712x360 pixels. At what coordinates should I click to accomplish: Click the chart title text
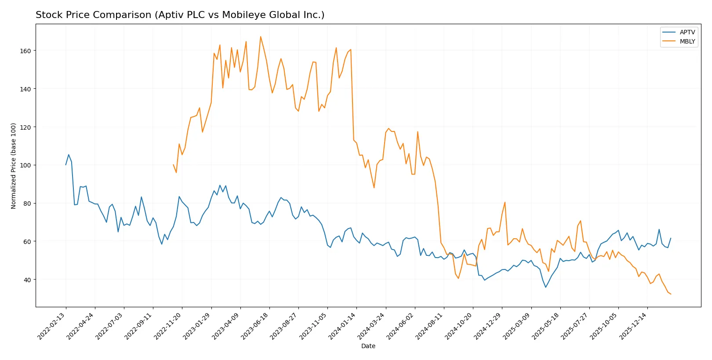tap(180, 15)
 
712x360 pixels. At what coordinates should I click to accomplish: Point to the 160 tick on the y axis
tap(25, 51)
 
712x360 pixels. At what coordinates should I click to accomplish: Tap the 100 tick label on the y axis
tap(25, 165)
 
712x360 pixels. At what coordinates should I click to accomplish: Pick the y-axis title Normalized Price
tap(14, 166)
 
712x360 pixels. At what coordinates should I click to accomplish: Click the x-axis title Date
tap(368, 346)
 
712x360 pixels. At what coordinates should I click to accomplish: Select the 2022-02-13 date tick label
tap(51, 326)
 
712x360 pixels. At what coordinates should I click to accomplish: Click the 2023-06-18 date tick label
tap(255, 326)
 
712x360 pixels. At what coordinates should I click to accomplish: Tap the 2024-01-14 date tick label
tap(342, 326)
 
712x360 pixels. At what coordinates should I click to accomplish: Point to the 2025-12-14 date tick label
tap(633, 326)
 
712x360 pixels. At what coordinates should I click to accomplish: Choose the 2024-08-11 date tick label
tap(429, 326)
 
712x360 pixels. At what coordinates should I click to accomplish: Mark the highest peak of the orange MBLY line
tap(260, 36)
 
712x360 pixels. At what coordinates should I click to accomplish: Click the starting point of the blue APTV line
tap(66, 165)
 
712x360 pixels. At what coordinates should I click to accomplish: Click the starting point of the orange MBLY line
tap(173, 165)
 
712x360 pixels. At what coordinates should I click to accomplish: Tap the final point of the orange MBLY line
tap(671, 294)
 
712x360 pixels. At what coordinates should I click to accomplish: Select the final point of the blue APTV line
tap(671, 238)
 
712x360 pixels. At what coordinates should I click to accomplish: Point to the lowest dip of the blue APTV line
tap(546, 287)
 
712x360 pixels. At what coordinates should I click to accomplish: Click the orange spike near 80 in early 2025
tap(505, 202)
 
